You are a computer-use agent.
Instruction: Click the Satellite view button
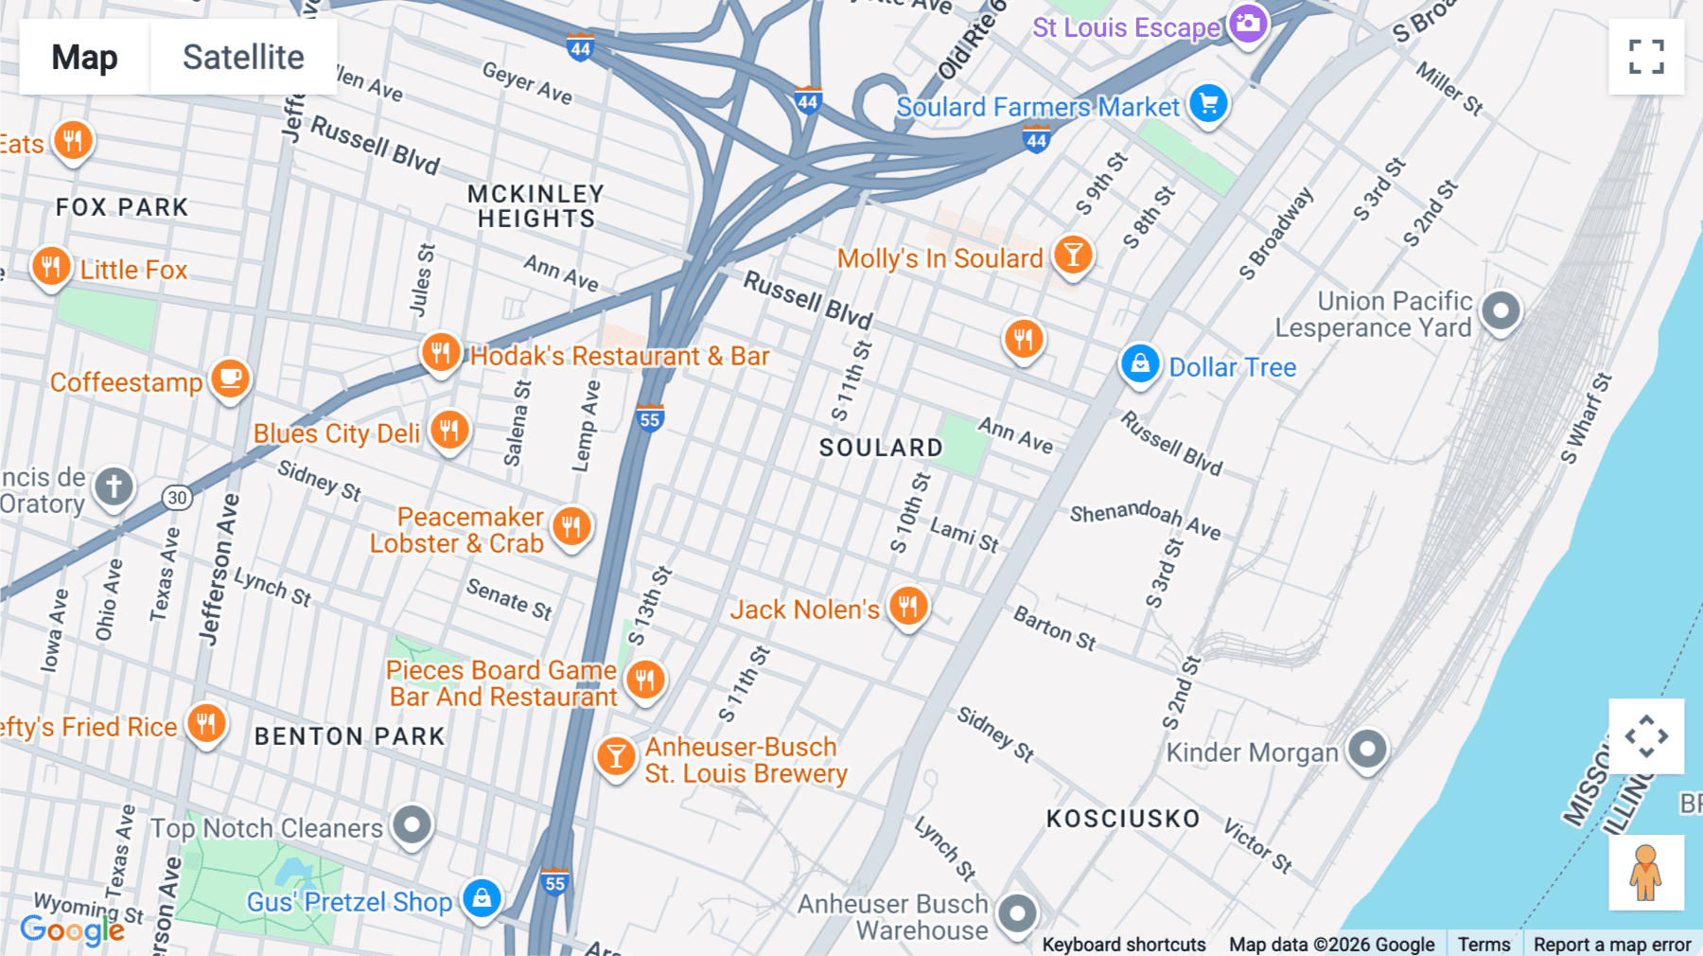coord(243,57)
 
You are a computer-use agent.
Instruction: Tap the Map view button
coord(84,57)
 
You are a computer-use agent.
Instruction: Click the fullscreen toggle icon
coord(1646,57)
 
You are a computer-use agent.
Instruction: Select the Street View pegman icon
coord(1645,872)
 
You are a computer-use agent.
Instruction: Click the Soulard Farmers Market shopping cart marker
coord(1208,103)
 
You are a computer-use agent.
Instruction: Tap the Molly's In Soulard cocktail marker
coord(1073,255)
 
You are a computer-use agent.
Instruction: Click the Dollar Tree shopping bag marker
coord(1140,363)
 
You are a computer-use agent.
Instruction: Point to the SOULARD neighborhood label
coord(881,448)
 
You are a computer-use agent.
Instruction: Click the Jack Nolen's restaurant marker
coord(907,606)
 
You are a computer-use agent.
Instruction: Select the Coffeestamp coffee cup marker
coord(230,379)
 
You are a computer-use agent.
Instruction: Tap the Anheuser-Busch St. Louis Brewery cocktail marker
coord(616,756)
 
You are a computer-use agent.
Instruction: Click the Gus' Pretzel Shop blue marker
coord(482,897)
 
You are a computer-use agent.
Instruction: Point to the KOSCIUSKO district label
coord(1122,819)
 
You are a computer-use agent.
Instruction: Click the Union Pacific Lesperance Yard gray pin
coord(1501,310)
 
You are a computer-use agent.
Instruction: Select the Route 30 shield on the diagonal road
coord(177,498)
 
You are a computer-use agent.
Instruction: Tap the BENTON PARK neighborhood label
coord(349,736)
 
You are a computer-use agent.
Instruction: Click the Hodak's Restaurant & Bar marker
coord(440,352)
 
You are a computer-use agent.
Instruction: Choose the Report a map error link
coord(1611,944)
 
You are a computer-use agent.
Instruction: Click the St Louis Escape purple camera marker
coord(1248,24)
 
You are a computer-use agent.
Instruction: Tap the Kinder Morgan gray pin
coord(1367,749)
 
